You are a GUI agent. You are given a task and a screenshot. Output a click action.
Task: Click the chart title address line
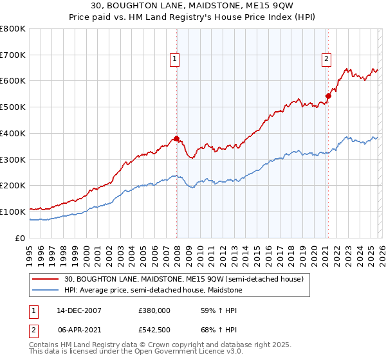[193, 7]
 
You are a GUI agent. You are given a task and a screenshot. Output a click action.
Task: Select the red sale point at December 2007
[176, 138]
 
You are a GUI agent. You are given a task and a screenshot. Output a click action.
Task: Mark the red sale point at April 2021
[327, 96]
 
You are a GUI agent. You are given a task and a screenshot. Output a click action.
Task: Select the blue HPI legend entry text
[161, 290]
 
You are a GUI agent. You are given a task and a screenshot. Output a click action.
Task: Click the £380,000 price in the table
[154, 310]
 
